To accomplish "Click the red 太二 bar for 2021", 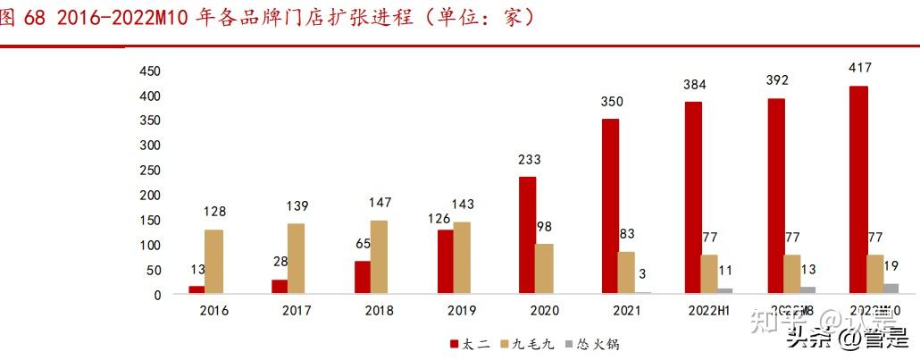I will (x=611, y=205).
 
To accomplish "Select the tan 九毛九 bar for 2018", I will (x=379, y=256).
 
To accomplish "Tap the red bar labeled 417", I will (x=858, y=189).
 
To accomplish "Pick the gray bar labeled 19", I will (x=890, y=288).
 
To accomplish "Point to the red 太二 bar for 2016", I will (x=197, y=289).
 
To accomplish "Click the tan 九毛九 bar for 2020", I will (x=544, y=268).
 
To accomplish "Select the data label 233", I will (x=529, y=160).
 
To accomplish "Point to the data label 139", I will (x=297, y=206).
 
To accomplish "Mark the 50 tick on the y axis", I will (x=154, y=269).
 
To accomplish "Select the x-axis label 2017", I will (x=297, y=310).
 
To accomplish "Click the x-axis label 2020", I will (x=544, y=310).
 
